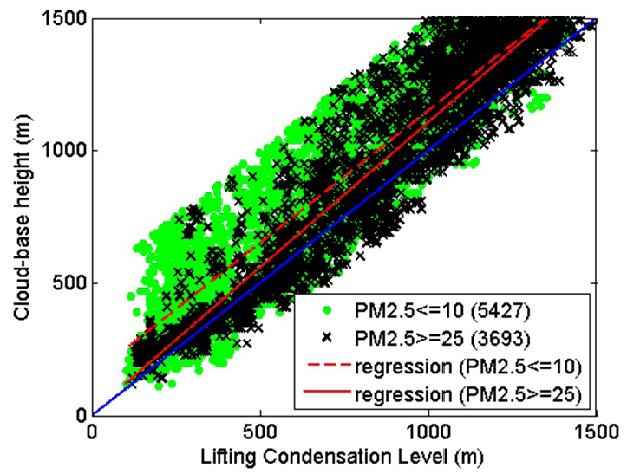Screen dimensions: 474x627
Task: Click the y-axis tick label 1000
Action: click(x=64, y=151)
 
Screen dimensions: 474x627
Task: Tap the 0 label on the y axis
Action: click(x=79, y=415)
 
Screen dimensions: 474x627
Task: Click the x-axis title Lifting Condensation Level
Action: click(x=343, y=456)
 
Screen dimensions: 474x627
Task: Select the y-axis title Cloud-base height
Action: click(x=19, y=216)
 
